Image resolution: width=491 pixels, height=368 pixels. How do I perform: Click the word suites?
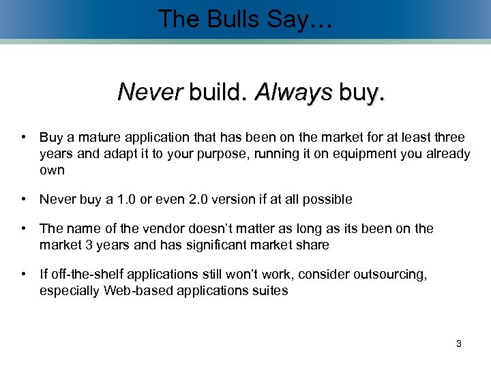270,290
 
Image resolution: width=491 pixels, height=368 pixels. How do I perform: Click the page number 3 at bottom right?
459,343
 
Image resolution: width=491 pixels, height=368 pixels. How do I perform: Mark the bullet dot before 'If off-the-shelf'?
25,274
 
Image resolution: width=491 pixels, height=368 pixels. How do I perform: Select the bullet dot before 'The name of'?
25,228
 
